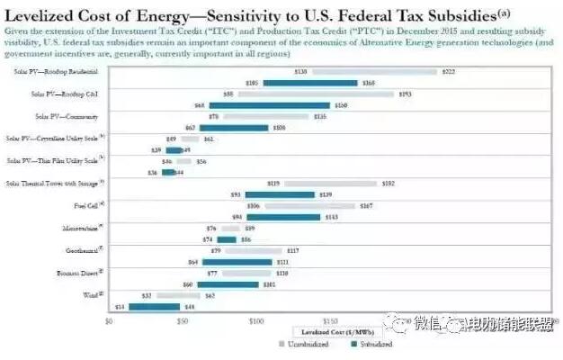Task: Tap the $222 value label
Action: pyautogui.click(x=450, y=71)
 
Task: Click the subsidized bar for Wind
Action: pyautogui.click(x=155, y=306)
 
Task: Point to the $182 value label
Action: pyautogui.click(x=389, y=184)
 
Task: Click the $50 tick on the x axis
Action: pyautogui.click(x=183, y=320)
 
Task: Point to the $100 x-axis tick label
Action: pyautogui.click(x=256, y=320)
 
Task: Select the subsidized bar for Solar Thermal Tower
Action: pyautogui.click(x=280, y=194)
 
